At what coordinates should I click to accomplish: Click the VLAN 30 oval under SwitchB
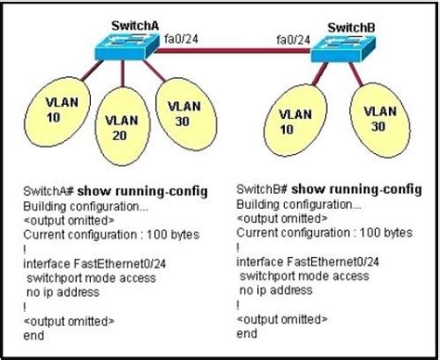point(380,117)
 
